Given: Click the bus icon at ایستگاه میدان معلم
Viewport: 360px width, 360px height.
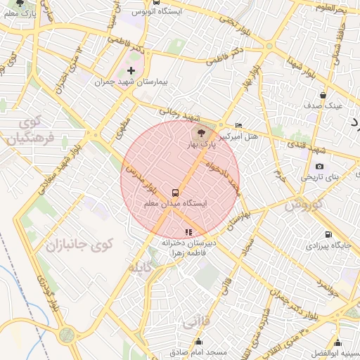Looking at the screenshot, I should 174,192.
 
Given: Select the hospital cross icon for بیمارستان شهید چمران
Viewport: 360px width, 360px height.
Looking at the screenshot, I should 131,70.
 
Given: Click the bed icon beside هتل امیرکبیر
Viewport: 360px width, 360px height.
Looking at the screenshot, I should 238,125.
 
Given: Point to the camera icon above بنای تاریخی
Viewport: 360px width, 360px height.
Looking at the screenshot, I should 320,166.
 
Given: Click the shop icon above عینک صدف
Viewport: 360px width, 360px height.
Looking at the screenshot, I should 323,95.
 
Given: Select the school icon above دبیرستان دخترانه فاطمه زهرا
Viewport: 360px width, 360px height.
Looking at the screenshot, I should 188,231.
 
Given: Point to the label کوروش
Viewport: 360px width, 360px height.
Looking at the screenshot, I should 302,205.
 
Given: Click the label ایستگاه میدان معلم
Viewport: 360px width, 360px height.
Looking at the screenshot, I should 175,203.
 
